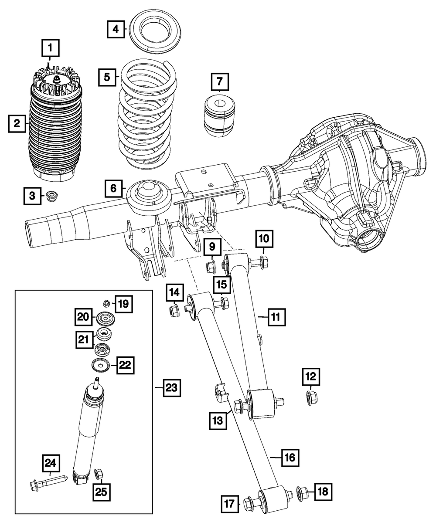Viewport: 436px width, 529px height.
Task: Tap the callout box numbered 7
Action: click(220, 82)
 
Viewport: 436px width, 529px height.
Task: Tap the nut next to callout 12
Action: click(310, 397)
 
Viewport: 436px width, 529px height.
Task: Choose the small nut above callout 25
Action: click(99, 473)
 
